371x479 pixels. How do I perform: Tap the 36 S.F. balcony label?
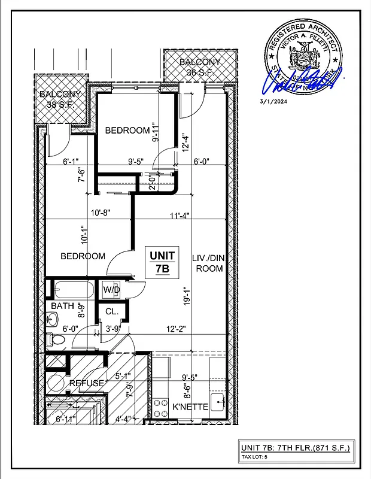[x=199, y=67]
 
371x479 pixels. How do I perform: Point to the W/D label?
[x=111, y=291]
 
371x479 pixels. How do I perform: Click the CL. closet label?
[x=112, y=312]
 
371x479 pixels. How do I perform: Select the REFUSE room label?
[x=87, y=383]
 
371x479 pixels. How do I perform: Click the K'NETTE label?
[x=190, y=407]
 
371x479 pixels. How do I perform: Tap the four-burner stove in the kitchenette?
[x=161, y=408]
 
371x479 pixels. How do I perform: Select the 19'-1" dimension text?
[x=186, y=296]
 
